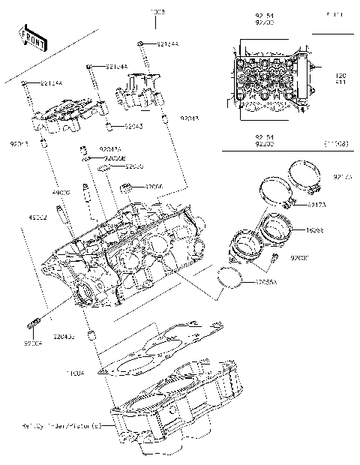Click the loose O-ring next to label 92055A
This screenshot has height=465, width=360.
coord(230,277)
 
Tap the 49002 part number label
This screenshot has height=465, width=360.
coord(38,217)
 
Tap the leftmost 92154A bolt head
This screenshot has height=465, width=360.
coord(25,82)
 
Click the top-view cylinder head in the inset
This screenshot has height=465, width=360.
coord(270,82)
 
